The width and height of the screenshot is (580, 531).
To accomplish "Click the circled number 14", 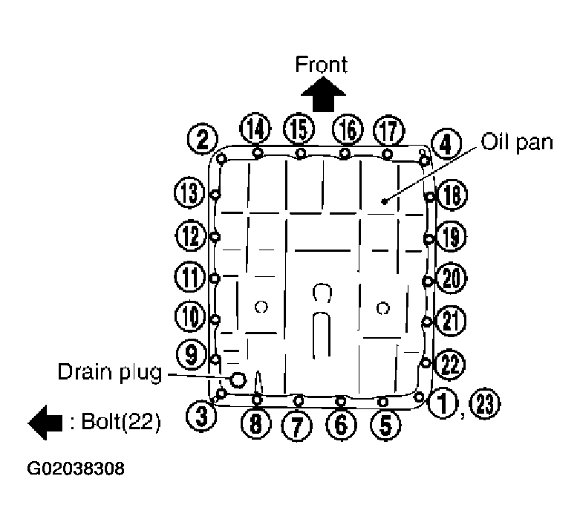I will (x=256, y=130).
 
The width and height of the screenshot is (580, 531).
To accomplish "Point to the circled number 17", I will (x=388, y=130).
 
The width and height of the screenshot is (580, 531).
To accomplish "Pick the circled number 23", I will (x=486, y=404).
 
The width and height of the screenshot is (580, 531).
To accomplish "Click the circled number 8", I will (x=256, y=423).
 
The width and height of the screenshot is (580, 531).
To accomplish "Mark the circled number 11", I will (x=189, y=278).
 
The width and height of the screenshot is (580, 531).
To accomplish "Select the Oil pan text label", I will (x=517, y=142).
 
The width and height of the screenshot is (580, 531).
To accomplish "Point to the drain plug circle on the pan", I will (x=238, y=380).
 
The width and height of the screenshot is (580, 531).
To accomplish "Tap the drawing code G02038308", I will (x=76, y=469).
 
